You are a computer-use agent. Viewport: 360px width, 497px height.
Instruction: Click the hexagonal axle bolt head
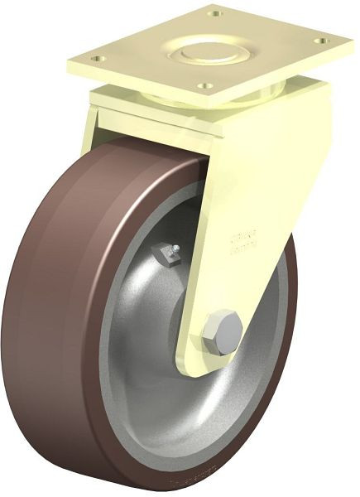[x=222, y=329]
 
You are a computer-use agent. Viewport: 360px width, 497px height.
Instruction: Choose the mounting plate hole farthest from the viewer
[x=217, y=14]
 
